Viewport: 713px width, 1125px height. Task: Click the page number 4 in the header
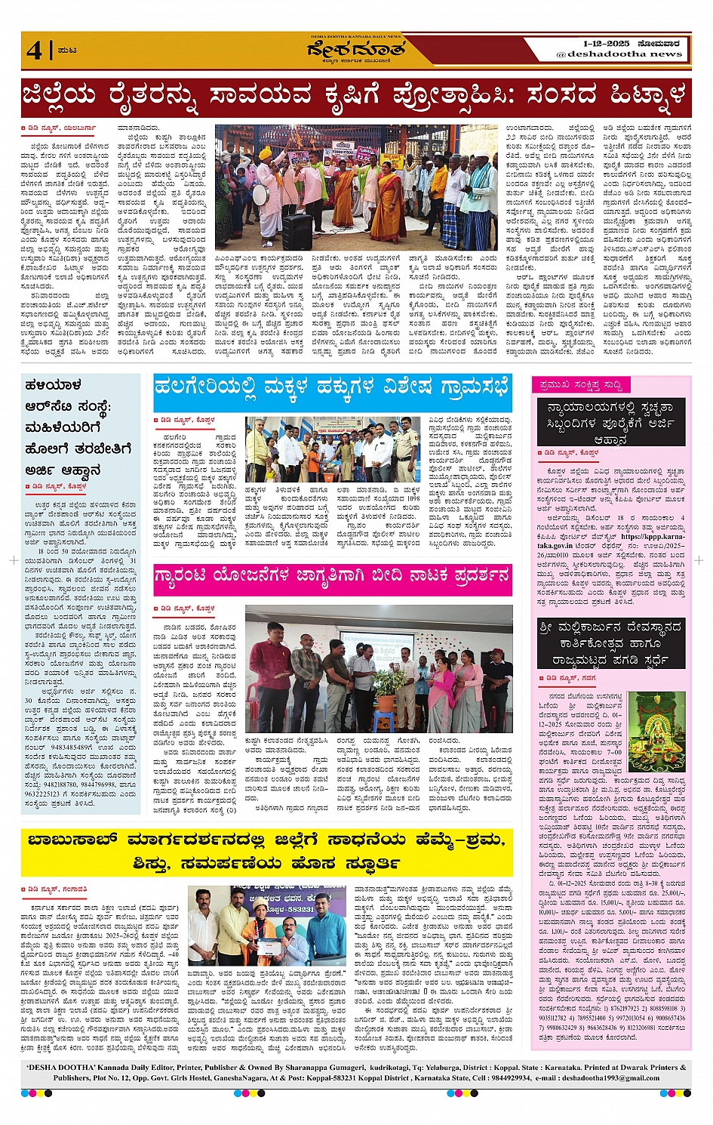coord(34,50)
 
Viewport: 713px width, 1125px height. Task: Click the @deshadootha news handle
coord(619,54)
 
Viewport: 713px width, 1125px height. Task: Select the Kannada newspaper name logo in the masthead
coord(356,51)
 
